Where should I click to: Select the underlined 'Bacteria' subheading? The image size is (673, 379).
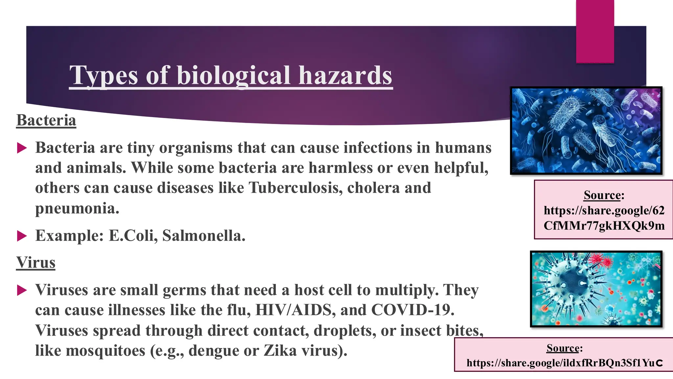point(46,120)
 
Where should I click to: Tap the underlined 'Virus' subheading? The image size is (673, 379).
point(36,263)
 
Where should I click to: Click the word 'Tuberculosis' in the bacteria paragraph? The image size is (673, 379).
point(295,188)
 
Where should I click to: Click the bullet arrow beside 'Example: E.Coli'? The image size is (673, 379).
point(22,236)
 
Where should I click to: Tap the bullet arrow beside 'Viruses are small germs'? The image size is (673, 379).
point(22,290)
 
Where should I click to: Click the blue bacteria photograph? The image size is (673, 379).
point(586,131)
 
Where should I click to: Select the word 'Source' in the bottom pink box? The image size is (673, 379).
point(563,348)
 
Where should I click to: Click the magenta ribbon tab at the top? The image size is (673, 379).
point(595,31)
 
